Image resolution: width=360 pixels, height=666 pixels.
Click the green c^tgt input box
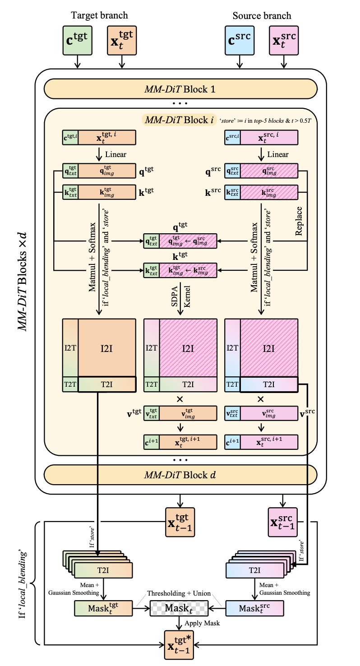point(78,40)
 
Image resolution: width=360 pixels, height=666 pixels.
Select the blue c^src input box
point(240,40)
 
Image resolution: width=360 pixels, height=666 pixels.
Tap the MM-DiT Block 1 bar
point(180,89)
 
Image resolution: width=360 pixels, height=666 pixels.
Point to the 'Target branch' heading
point(100,15)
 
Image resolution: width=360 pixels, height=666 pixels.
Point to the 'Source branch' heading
point(262,15)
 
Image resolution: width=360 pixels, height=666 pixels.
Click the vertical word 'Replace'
point(299,221)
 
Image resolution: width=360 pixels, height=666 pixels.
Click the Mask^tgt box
point(103,608)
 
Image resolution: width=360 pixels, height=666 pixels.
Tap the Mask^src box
point(255,608)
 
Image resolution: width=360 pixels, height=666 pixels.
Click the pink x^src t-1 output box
point(283,522)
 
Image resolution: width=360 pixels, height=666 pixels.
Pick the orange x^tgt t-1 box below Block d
point(180,522)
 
